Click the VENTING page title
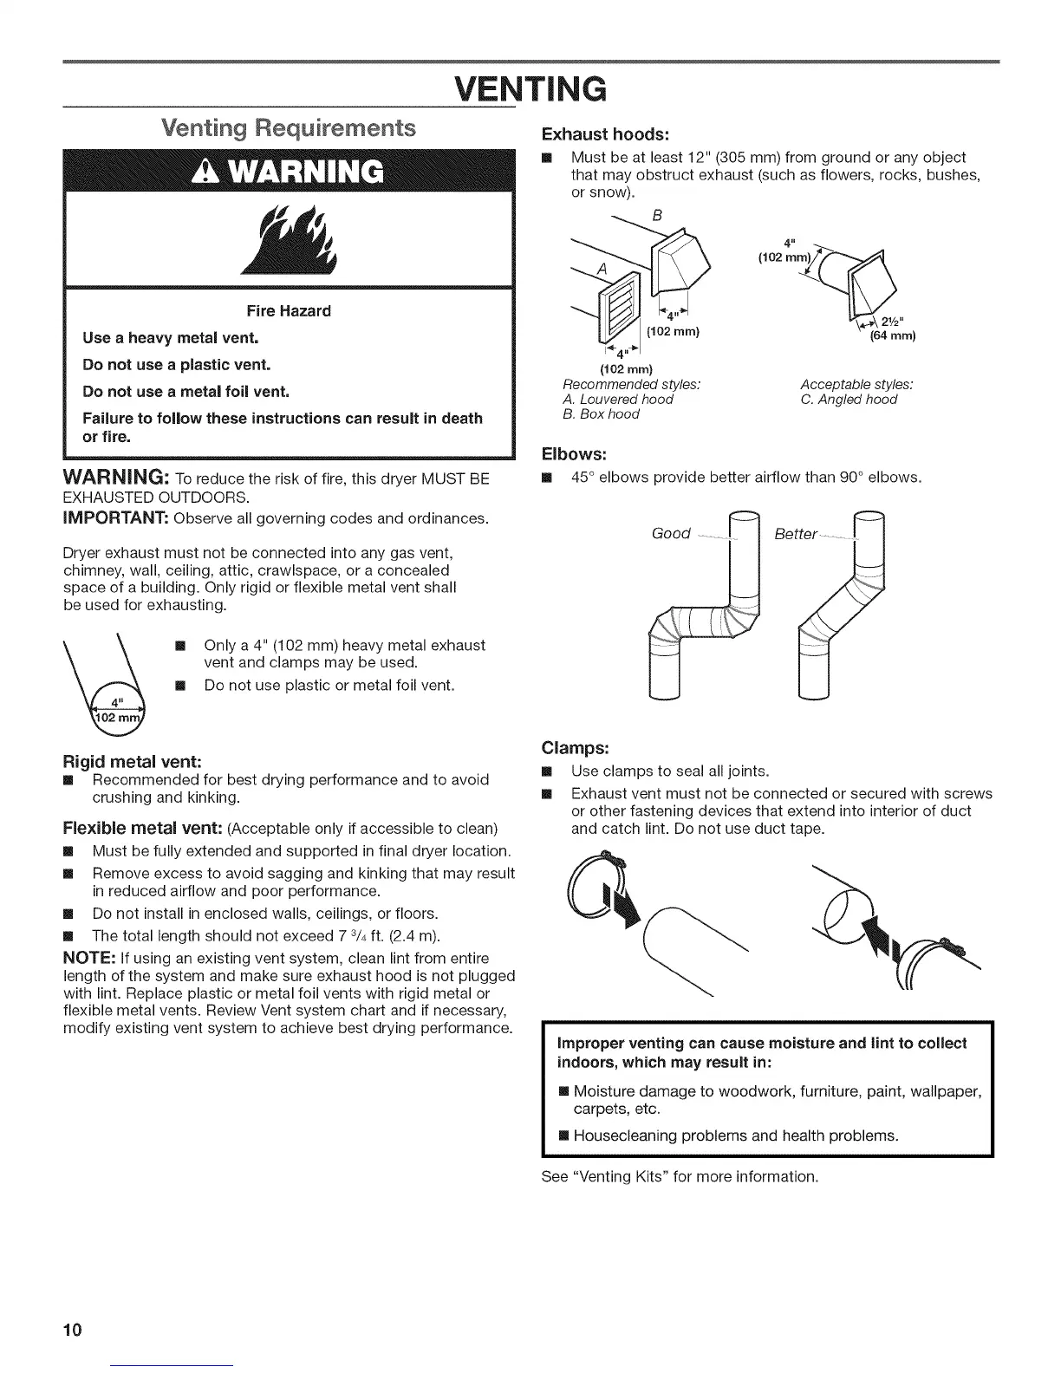click(x=531, y=88)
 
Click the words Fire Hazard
click(x=290, y=310)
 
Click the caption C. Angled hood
click(x=849, y=400)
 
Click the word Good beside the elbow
click(x=671, y=533)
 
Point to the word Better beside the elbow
click(x=796, y=534)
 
